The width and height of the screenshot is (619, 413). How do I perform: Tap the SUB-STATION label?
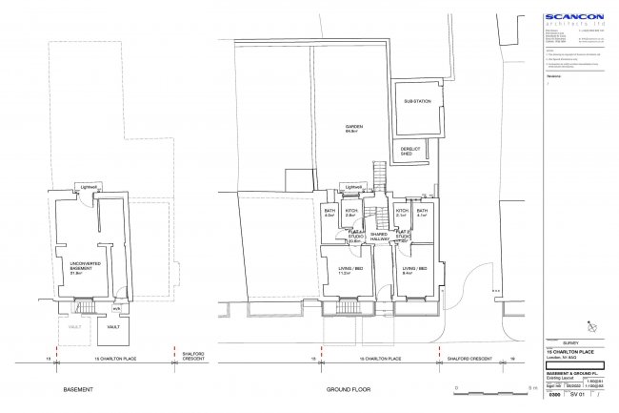417,101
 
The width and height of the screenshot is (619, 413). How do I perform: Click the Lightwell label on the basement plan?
90,186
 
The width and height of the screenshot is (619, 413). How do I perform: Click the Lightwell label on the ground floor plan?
354,186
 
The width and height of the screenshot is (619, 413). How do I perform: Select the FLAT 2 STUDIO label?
404,235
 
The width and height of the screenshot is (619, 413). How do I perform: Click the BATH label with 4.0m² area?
329,212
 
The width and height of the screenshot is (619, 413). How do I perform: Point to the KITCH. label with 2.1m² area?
402,212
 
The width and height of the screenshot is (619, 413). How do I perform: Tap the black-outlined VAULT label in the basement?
113,327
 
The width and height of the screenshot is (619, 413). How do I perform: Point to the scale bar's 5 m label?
530,388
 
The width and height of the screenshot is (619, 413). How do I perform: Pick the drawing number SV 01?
575,405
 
